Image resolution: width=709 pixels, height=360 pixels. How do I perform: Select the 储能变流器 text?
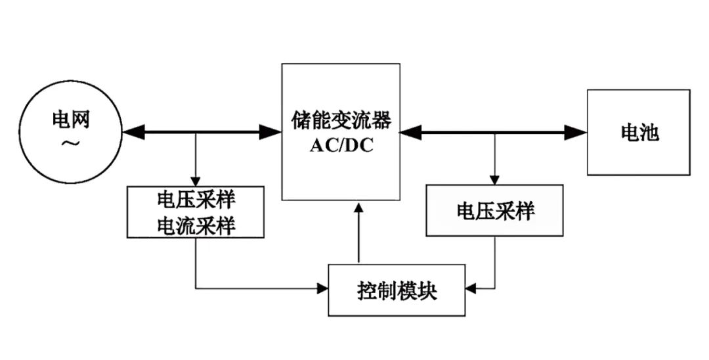tap(341, 121)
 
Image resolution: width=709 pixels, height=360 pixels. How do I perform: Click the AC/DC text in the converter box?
tap(341, 145)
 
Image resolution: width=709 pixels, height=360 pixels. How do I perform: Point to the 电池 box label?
tap(639, 133)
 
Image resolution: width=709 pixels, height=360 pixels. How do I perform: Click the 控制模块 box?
tap(397, 290)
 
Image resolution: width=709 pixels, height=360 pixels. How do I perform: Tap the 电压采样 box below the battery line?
tap(495, 211)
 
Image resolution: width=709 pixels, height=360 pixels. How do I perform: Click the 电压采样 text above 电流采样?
tap(196, 200)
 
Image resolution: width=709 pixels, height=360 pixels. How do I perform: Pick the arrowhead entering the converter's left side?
tap(272, 132)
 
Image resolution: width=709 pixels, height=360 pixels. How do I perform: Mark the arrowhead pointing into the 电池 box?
tap(577, 133)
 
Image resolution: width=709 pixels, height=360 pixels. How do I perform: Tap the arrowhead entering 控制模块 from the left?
tap(322, 288)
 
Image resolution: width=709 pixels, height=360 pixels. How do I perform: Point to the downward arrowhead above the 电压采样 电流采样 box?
tap(196, 181)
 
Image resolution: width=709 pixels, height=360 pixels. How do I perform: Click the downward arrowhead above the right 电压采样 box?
tap(495, 179)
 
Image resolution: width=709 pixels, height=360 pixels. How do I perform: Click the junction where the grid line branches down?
tap(196, 133)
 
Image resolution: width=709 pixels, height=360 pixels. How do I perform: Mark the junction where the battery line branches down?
tap(495, 133)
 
